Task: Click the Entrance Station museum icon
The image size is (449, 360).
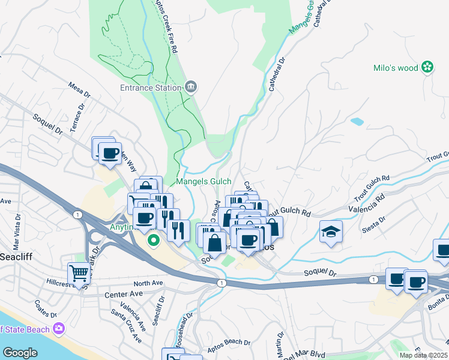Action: click(x=191, y=88)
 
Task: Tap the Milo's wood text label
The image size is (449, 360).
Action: click(x=396, y=68)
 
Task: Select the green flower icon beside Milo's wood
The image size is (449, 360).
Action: click(x=427, y=67)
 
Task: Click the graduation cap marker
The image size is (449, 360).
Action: click(x=331, y=232)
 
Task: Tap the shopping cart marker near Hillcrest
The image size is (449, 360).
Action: click(x=79, y=274)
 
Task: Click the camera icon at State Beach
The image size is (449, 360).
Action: click(x=58, y=328)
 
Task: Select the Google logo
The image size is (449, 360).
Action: click(x=20, y=353)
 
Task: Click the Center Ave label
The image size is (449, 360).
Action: click(x=124, y=294)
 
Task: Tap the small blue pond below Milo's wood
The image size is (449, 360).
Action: click(x=357, y=121)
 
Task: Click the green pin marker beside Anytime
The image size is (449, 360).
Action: click(x=154, y=241)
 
